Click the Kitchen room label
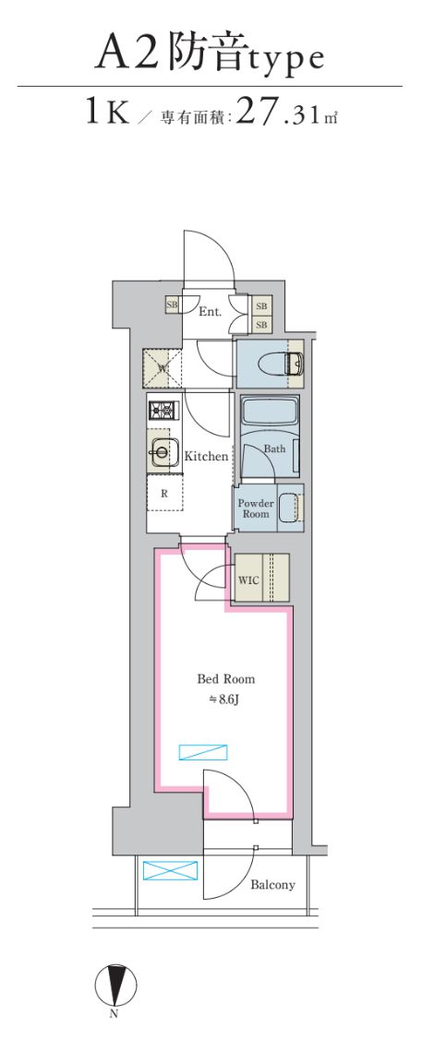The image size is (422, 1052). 206,456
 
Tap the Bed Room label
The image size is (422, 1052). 225,679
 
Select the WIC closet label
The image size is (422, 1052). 247,580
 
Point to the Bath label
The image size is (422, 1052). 274,448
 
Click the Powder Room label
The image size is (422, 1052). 256,508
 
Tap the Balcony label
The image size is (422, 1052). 272,885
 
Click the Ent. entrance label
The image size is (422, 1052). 211,312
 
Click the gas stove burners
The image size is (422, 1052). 161,412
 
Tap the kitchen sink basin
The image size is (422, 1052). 163,452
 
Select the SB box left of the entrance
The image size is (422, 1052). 172,304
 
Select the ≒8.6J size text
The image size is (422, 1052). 225,699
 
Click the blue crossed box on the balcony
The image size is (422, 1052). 171,871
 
